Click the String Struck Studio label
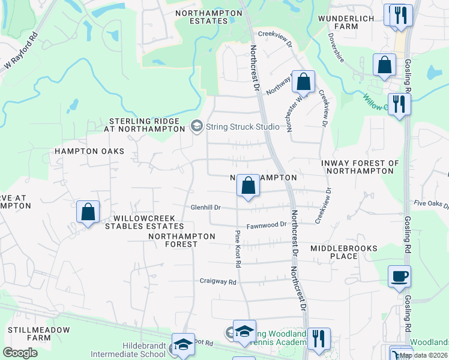point(243,127)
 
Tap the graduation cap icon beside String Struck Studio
point(196,126)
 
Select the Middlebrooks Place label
point(344,252)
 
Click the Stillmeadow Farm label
point(38,334)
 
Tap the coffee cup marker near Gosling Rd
point(399,277)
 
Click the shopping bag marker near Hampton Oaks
point(88,212)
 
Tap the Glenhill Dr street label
point(206,208)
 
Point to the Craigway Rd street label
point(218,281)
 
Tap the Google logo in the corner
point(20,353)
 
